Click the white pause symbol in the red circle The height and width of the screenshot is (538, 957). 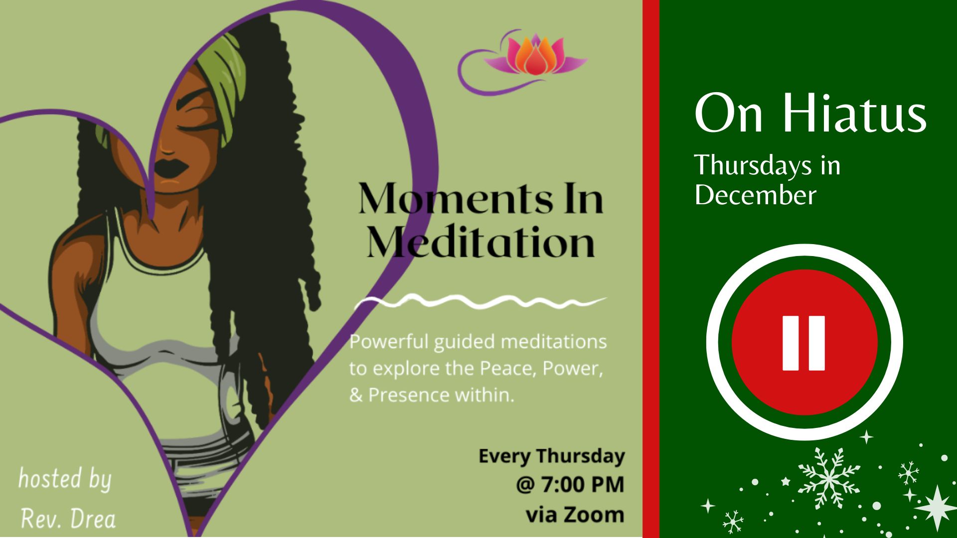coord(803,343)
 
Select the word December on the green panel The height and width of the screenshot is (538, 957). coord(755,195)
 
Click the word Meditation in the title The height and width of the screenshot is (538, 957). coord(481,242)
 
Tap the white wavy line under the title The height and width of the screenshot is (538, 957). coord(479,301)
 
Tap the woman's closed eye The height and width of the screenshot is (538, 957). coord(201,126)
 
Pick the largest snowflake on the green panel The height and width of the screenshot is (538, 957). coord(829,478)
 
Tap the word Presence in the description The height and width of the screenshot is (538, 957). coord(409,395)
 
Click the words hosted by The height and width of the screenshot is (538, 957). coord(65,479)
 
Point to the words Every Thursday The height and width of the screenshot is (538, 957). coord(552,456)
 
